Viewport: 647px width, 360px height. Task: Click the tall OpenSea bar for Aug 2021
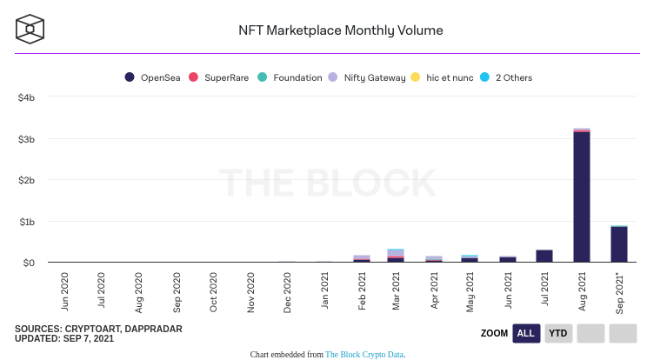(582, 196)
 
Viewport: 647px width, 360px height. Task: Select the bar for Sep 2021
(618, 244)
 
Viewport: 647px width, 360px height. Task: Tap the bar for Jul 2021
(544, 256)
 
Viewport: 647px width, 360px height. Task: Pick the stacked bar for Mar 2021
(396, 255)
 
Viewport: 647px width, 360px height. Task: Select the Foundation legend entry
(290, 77)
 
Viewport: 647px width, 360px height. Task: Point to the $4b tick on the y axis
(26, 97)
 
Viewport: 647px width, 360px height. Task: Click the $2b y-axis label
(26, 180)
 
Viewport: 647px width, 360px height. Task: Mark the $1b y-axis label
(26, 222)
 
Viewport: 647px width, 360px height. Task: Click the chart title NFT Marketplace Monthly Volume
(341, 30)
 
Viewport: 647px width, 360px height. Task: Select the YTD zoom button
(558, 333)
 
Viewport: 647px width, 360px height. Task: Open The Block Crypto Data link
(364, 355)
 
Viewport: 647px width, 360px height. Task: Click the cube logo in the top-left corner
(30, 29)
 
